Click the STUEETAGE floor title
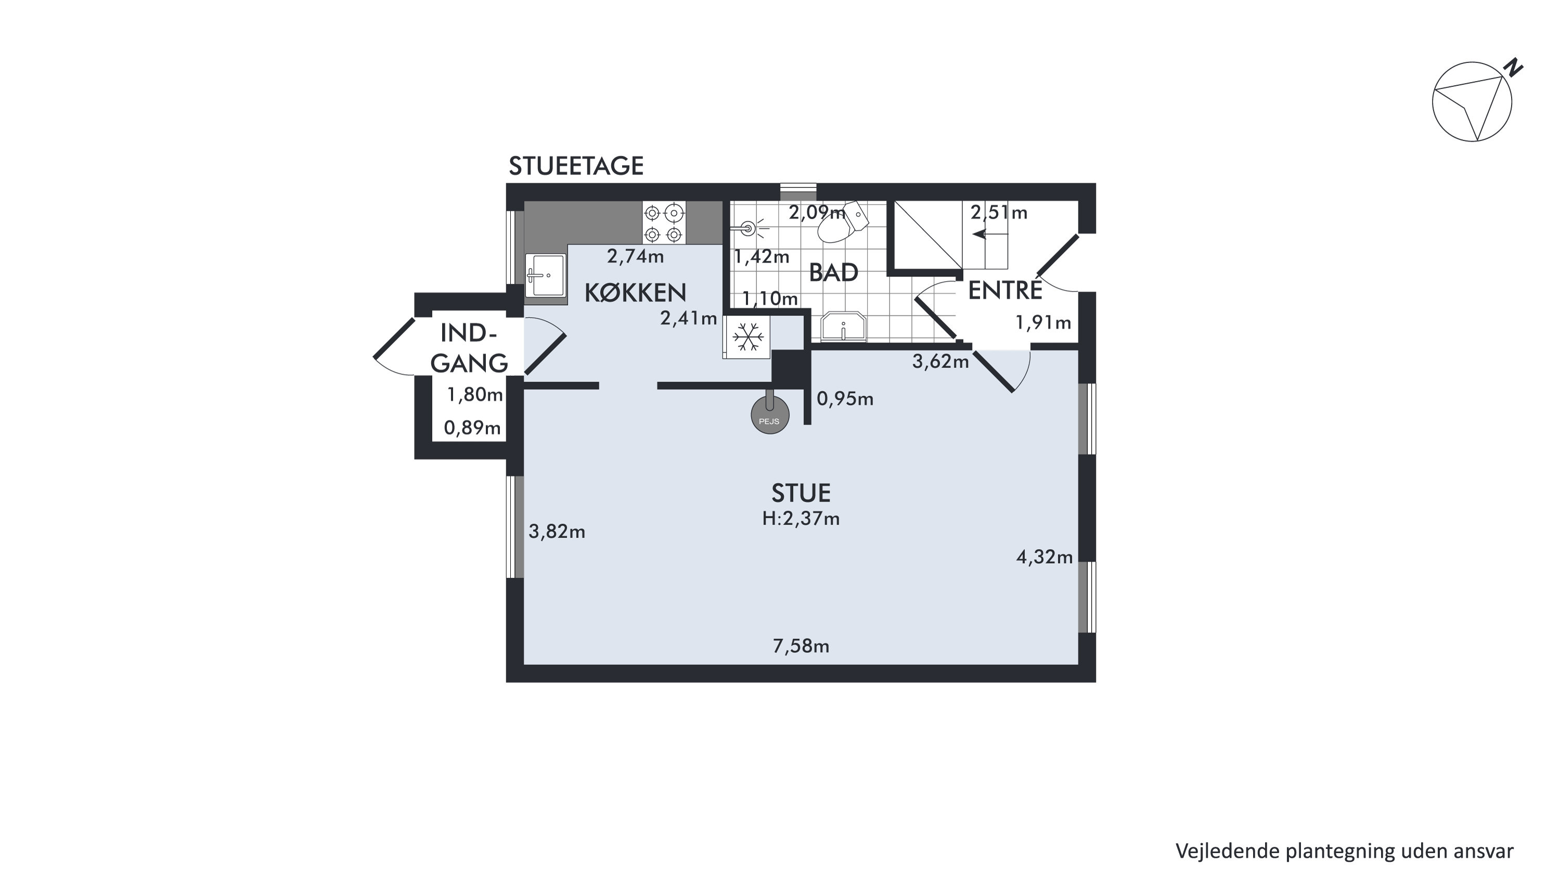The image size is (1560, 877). pos(576,166)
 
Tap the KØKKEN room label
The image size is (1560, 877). pos(635,293)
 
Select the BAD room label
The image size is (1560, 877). pos(833,273)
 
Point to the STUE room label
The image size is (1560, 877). pos(801,493)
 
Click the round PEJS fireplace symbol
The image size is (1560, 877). pos(770,416)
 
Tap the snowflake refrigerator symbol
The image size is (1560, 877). pos(749,336)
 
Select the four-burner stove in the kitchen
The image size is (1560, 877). pos(664,222)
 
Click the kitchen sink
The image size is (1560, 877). pos(545,276)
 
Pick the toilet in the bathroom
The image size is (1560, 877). pos(843,222)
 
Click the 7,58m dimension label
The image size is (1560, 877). pos(801,646)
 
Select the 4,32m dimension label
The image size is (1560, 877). pos(1044,557)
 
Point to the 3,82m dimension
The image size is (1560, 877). pos(557,531)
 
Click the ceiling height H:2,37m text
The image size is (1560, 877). pos(801,519)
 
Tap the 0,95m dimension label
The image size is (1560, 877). pos(845,398)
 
